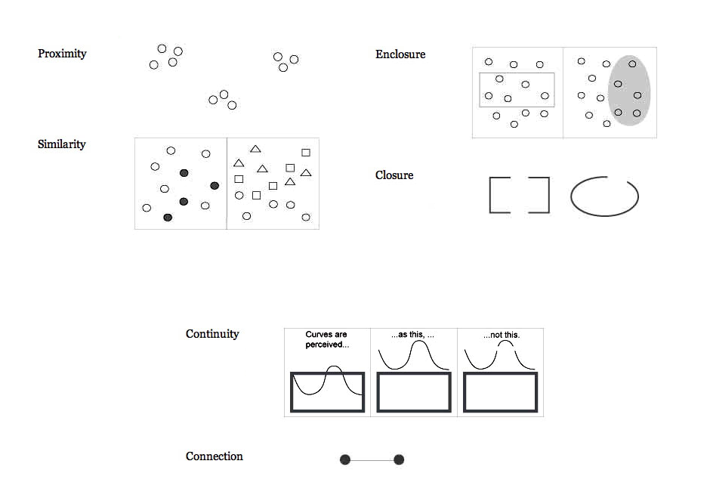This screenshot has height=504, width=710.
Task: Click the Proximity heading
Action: point(62,54)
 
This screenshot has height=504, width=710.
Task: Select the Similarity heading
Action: point(61,144)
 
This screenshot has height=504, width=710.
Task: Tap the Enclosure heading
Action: point(400,54)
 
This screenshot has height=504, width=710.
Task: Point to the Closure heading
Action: point(394,175)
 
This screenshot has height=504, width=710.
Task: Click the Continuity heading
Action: point(212,334)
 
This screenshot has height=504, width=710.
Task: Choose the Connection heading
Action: point(215,456)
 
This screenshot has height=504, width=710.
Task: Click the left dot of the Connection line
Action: point(345,459)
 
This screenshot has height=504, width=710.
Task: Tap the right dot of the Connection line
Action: point(399,459)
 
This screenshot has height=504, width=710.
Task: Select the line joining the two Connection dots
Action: point(372,459)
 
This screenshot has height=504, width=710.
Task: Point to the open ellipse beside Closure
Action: point(604,196)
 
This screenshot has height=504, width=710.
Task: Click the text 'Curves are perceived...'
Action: point(326,339)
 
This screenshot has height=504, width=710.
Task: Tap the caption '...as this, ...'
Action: point(413,335)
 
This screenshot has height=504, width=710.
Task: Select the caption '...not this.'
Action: point(502,335)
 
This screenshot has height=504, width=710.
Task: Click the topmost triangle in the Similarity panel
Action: point(255,149)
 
